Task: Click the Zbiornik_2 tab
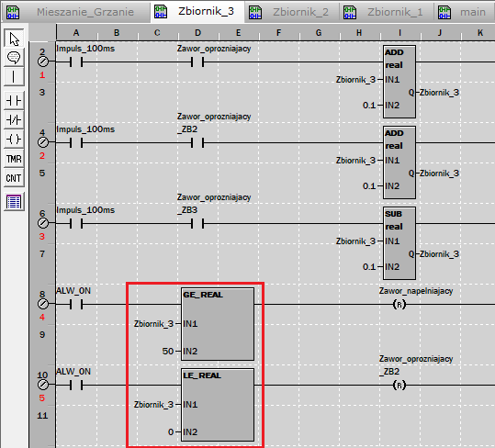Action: point(292,12)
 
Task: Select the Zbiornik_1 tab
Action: point(387,12)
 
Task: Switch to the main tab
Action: point(464,12)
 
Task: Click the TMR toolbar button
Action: point(14,159)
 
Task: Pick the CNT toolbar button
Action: point(14,178)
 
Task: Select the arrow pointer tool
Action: point(14,39)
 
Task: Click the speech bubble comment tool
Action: point(14,58)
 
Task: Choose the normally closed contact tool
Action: point(14,120)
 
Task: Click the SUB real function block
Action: point(399,243)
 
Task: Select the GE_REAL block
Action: point(218,324)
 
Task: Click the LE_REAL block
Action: point(218,405)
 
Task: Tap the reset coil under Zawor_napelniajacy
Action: point(399,305)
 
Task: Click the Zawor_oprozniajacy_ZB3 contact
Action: point(197,224)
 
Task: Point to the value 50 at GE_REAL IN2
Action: point(168,351)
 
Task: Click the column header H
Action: point(359,33)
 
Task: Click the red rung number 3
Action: point(42,236)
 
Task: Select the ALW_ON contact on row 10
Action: point(76,386)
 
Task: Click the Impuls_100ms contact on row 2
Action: point(76,62)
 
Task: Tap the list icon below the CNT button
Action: point(14,202)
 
